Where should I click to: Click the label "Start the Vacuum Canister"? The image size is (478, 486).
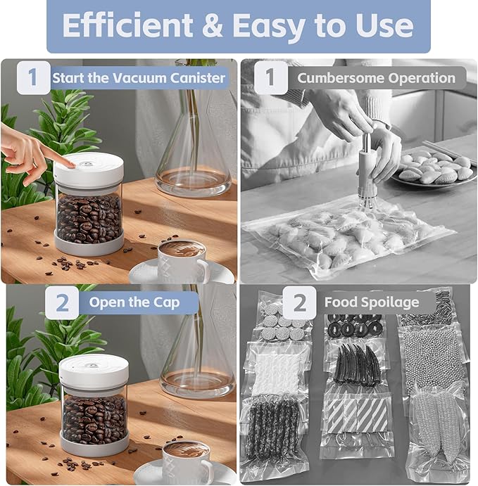pyautogui.click(x=139, y=77)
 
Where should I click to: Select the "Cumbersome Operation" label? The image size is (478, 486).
pyautogui.click(x=376, y=78)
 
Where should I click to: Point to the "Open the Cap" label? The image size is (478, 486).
pyautogui.click(x=134, y=303)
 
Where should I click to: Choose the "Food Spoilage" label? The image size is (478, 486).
pyautogui.click(x=371, y=302)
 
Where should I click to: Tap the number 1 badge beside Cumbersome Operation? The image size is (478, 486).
pyautogui.click(x=270, y=78)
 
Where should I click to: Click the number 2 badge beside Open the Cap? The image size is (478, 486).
pyautogui.click(x=63, y=303)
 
